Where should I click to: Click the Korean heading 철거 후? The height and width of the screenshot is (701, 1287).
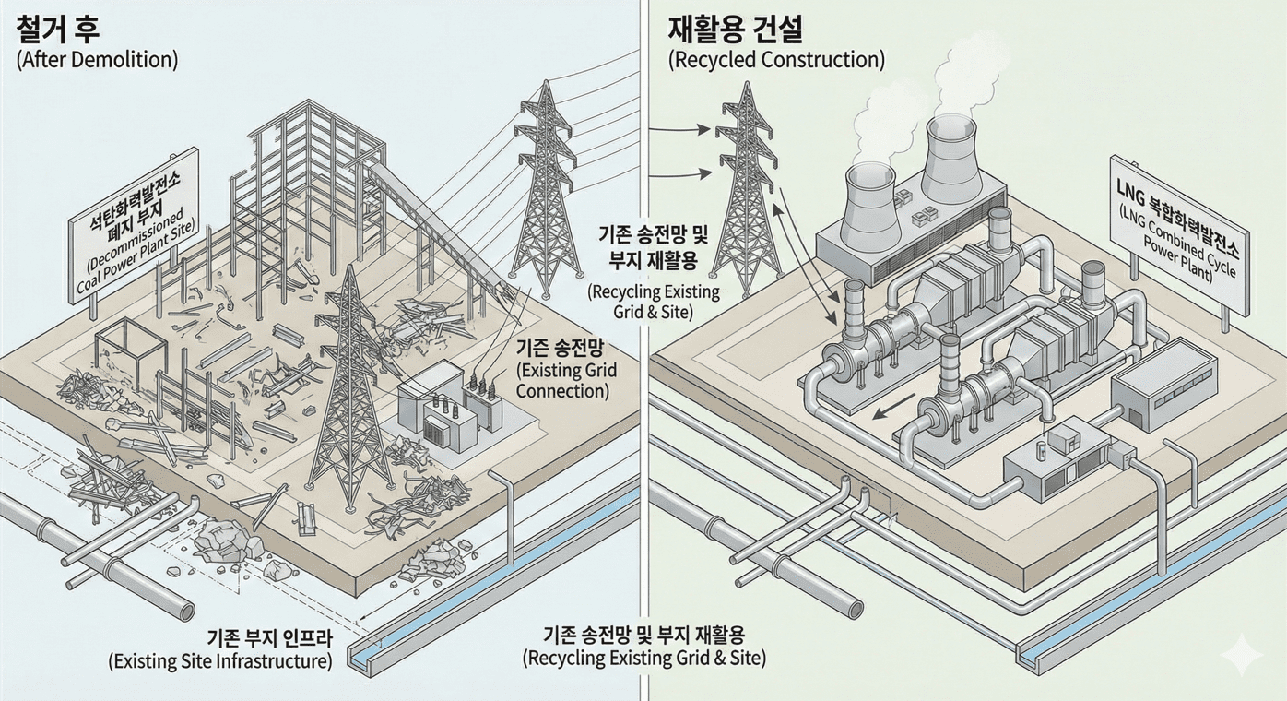[58, 29]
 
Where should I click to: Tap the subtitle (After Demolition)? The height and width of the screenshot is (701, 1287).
[97, 60]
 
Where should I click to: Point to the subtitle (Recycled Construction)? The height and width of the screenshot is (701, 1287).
[775, 61]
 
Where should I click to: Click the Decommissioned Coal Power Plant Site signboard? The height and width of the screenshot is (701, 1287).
[134, 226]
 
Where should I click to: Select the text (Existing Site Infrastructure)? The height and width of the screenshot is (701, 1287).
[219, 661]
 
